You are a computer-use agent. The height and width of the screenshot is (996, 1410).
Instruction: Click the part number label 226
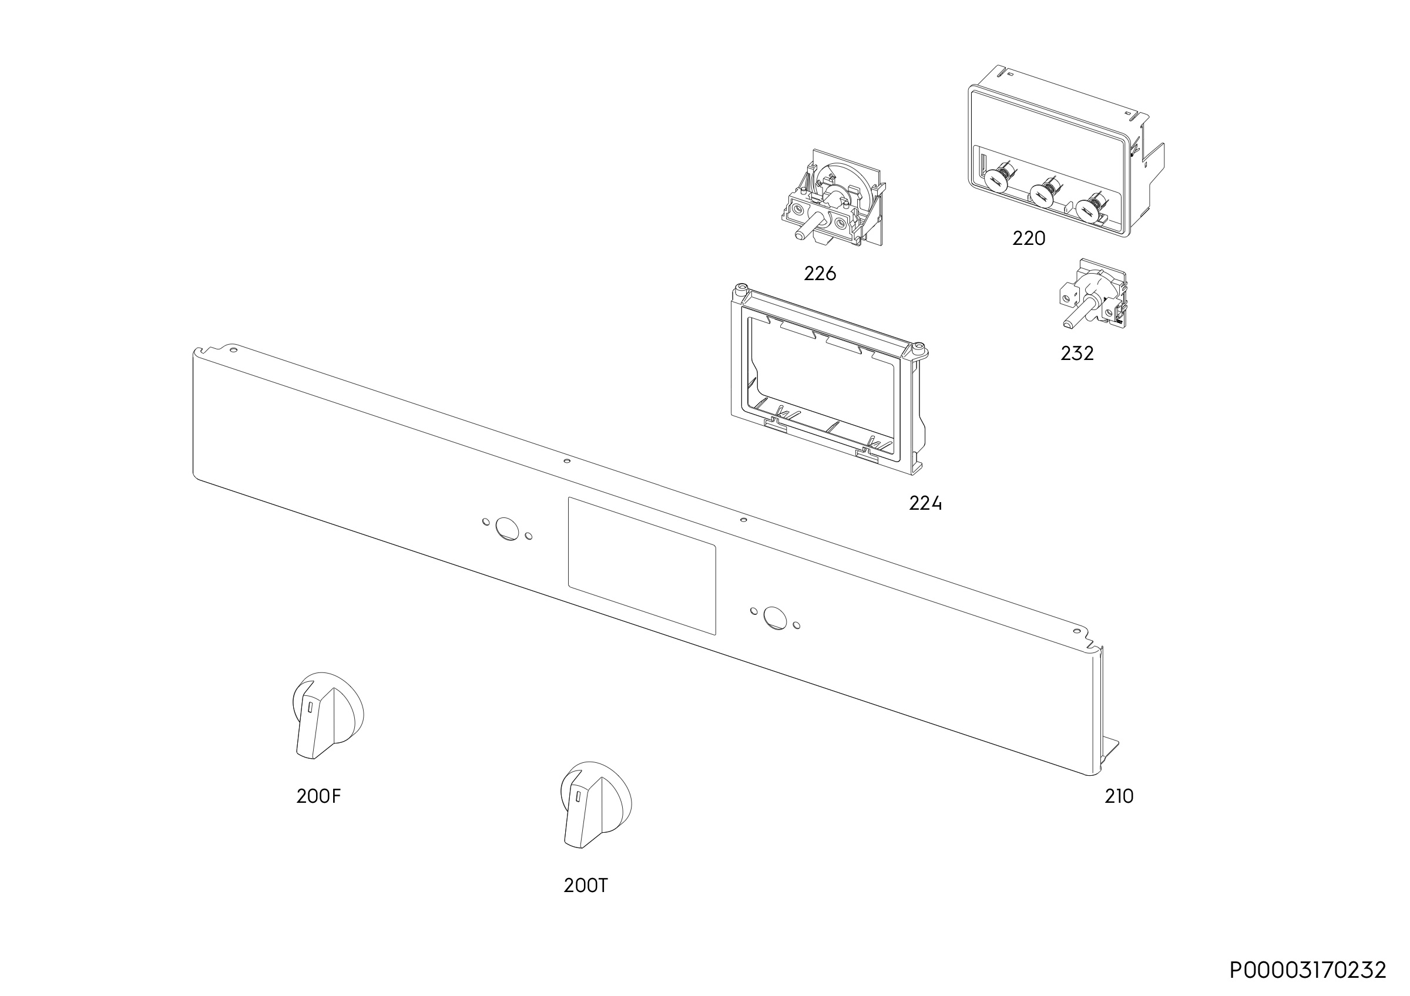click(x=820, y=274)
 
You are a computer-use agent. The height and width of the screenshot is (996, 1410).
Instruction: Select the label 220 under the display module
click(x=1029, y=238)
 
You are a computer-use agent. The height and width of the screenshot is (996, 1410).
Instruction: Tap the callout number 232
click(x=1077, y=354)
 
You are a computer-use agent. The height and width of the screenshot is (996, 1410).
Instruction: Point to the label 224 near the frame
click(x=925, y=503)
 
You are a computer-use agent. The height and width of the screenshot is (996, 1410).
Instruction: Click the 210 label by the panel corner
click(x=1119, y=796)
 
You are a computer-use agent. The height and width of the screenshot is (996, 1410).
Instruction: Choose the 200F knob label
click(x=318, y=796)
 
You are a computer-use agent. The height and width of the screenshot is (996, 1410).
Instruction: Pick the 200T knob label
click(x=586, y=886)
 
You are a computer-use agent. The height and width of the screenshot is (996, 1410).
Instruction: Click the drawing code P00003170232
click(x=1307, y=970)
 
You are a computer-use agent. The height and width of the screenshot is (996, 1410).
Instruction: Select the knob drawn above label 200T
click(x=595, y=805)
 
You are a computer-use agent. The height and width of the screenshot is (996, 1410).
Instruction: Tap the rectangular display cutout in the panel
click(x=642, y=565)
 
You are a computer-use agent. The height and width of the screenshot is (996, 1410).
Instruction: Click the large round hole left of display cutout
click(x=507, y=529)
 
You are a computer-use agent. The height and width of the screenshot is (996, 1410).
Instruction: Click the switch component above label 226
click(x=832, y=197)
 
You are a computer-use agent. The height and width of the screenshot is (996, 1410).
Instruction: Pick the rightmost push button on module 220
click(x=1087, y=209)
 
